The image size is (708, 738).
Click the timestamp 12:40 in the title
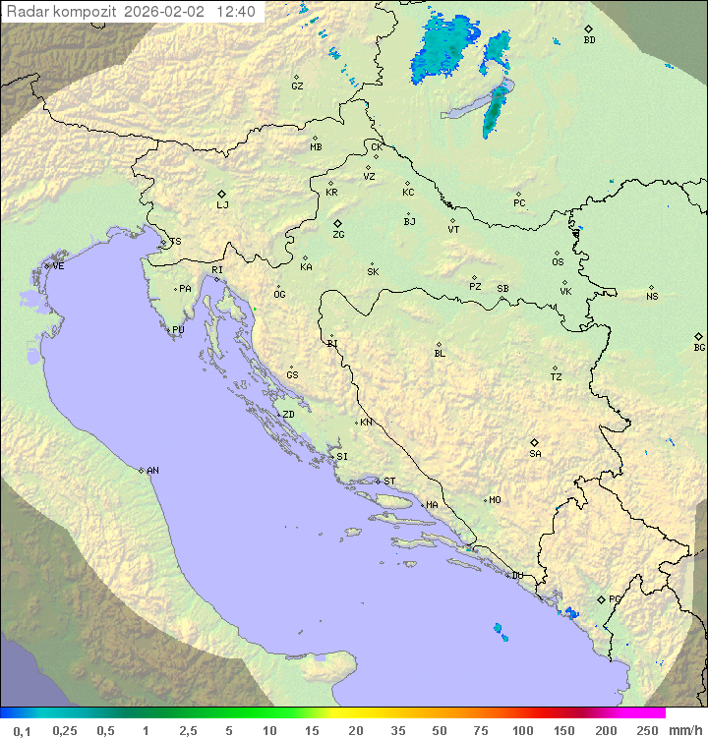tap(236, 12)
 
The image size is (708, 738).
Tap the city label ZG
tap(338, 235)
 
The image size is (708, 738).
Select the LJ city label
tap(222, 205)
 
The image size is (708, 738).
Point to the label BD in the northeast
tap(589, 40)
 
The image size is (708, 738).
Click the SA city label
tap(535, 454)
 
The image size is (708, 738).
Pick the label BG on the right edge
tap(699, 347)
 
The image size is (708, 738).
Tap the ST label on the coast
tap(389, 482)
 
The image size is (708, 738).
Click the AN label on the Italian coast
tap(152, 471)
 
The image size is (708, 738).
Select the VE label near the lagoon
tap(58, 266)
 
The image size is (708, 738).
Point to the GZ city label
tap(297, 86)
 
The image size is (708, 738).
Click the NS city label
tap(652, 297)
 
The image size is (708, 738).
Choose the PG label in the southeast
tap(615, 598)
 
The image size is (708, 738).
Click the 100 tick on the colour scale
tap(522, 730)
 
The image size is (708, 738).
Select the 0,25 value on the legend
tap(65, 730)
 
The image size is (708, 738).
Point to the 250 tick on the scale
tap(647, 730)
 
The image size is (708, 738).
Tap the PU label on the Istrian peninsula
tap(178, 330)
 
